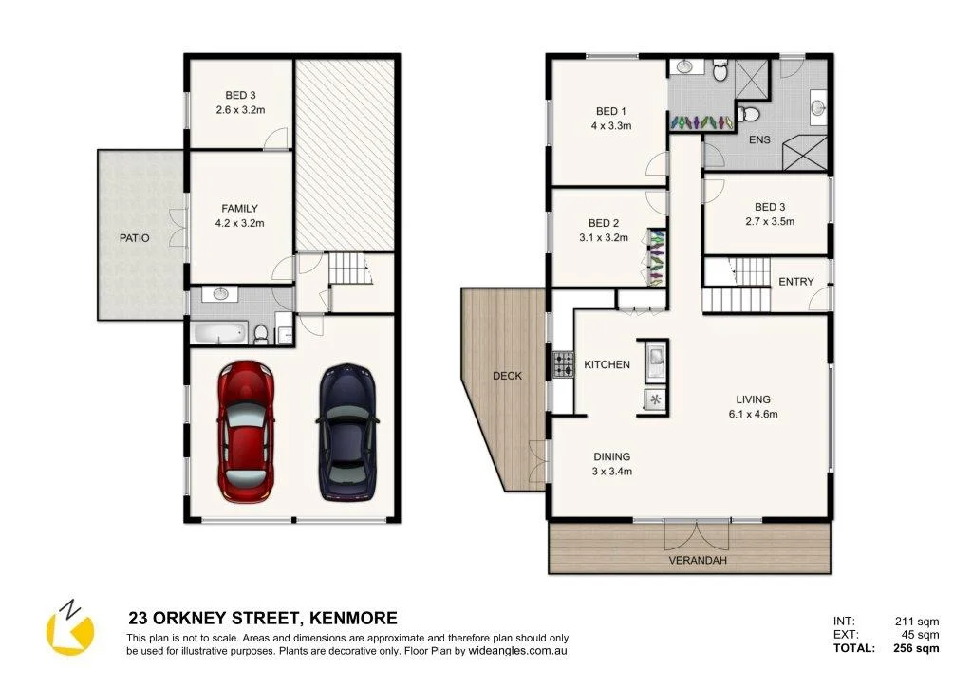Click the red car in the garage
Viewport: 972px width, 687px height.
point(247,431)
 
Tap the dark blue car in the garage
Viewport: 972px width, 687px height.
point(347,431)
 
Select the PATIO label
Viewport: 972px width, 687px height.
point(134,238)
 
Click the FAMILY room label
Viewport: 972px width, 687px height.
point(240,209)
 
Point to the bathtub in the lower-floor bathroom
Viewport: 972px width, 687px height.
point(219,333)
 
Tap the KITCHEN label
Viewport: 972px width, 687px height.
point(607,364)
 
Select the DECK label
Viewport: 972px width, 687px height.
point(507,376)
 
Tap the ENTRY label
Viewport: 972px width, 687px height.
point(795,282)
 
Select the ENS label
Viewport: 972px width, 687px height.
point(759,140)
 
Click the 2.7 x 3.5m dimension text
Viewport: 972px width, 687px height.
point(769,221)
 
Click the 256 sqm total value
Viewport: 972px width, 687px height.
point(916,649)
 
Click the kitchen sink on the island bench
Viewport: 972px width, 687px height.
point(655,359)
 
